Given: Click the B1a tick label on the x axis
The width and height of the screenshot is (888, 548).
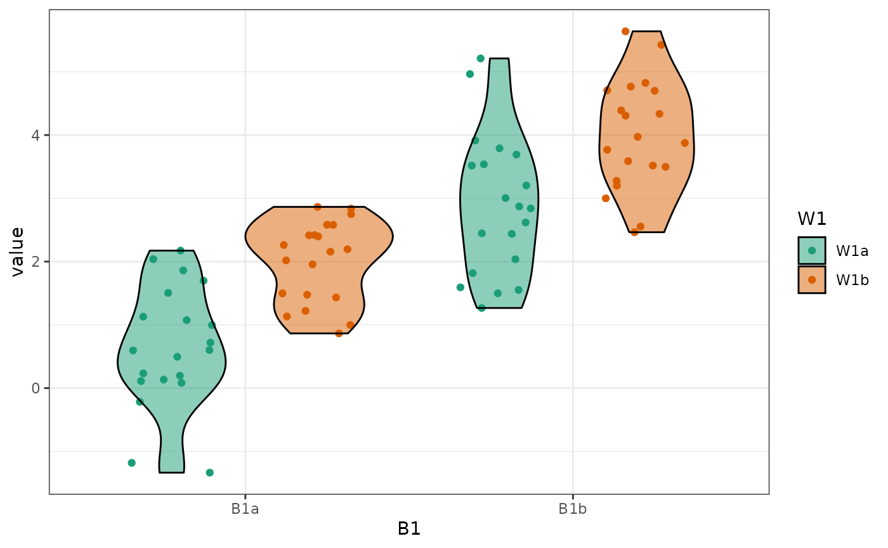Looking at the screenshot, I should click(245, 509).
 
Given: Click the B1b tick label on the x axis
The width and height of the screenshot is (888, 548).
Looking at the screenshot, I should click(573, 509).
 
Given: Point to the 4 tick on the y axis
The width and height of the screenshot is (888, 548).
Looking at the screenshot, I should click(36, 136).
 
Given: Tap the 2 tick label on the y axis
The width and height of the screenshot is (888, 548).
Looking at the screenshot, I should click(36, 262).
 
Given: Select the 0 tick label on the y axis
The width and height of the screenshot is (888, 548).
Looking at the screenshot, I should click(36, 388).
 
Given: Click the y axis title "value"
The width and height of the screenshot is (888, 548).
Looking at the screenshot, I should click(18, 252).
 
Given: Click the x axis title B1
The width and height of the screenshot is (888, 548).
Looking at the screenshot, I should click(409, 529).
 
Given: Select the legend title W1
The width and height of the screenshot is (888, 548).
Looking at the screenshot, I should click(812, 219).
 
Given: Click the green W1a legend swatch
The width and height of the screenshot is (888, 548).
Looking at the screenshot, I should click(812, 250).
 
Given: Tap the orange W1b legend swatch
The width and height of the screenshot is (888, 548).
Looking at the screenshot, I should click(812, 279).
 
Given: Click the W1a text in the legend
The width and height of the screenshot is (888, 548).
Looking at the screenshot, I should click(852, 251).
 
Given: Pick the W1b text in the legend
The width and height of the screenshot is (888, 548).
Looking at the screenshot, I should click(852, 280).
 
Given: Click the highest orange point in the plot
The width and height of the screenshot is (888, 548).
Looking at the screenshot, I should click(625, 32).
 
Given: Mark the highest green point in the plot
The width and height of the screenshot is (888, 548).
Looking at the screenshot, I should click(480, 58).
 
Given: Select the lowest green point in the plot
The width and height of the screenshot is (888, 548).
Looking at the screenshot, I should click(209, 473).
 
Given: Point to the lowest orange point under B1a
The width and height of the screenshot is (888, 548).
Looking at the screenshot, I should click(339, 333).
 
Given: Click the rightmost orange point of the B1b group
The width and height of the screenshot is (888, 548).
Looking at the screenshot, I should click(684, 143).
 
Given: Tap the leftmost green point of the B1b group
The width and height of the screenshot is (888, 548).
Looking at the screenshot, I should click(460, 288).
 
